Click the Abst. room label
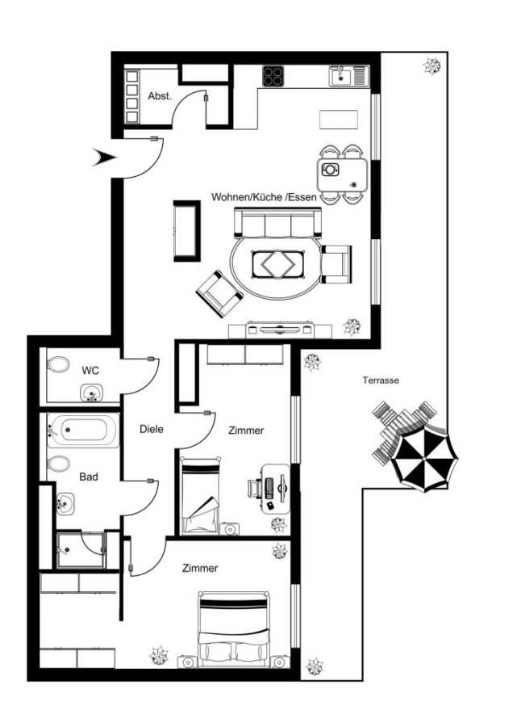click(x=160, y=96)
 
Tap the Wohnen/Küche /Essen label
click(x=264, y=197)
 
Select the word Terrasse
click(x=381, y=380)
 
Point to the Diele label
click(x=152, y=430)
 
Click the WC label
click(x=90, y=371)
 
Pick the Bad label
click(x=89, y=477)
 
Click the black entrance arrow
click(x=104, y=158)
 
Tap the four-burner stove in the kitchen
click(x=273, y=76)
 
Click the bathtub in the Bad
click(x=83, y=430)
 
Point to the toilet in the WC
click(x=58, y=364)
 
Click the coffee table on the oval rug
click(x=277, y=264)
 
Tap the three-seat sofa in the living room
click(x=277, y=223)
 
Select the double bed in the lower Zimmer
click(x=233, y=629)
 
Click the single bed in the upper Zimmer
click(x=201, y=495)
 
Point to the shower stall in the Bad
click(x=81, y=550)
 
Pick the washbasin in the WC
click(x=92, y=393)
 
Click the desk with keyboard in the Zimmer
click(x=276, y=488)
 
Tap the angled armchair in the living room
click(x=219, y=294)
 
